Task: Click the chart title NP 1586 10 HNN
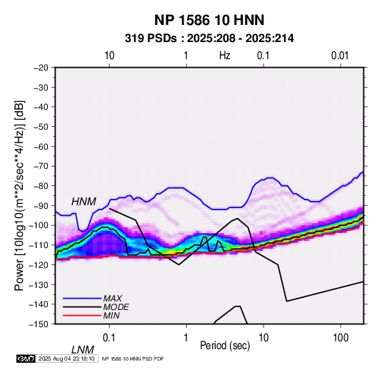[209, 20]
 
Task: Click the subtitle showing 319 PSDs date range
[209, 38]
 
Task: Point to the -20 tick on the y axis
[41, 68]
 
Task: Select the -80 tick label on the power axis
[41, 186]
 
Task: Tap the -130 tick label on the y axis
[39, 284]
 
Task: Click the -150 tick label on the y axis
[39, 324]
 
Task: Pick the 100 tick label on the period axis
[341, 338]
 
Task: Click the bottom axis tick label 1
[186, 338]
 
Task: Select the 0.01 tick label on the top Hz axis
[340, 56]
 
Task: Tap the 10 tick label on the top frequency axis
[109, 56]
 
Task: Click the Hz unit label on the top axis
[225, 56]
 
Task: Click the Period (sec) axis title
[225, 346]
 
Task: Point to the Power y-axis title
[19, 195]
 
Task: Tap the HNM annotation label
[84, 202]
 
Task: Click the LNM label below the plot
[82, 350]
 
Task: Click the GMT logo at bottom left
[26, 358]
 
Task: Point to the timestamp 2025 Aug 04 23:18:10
[66, 358]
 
